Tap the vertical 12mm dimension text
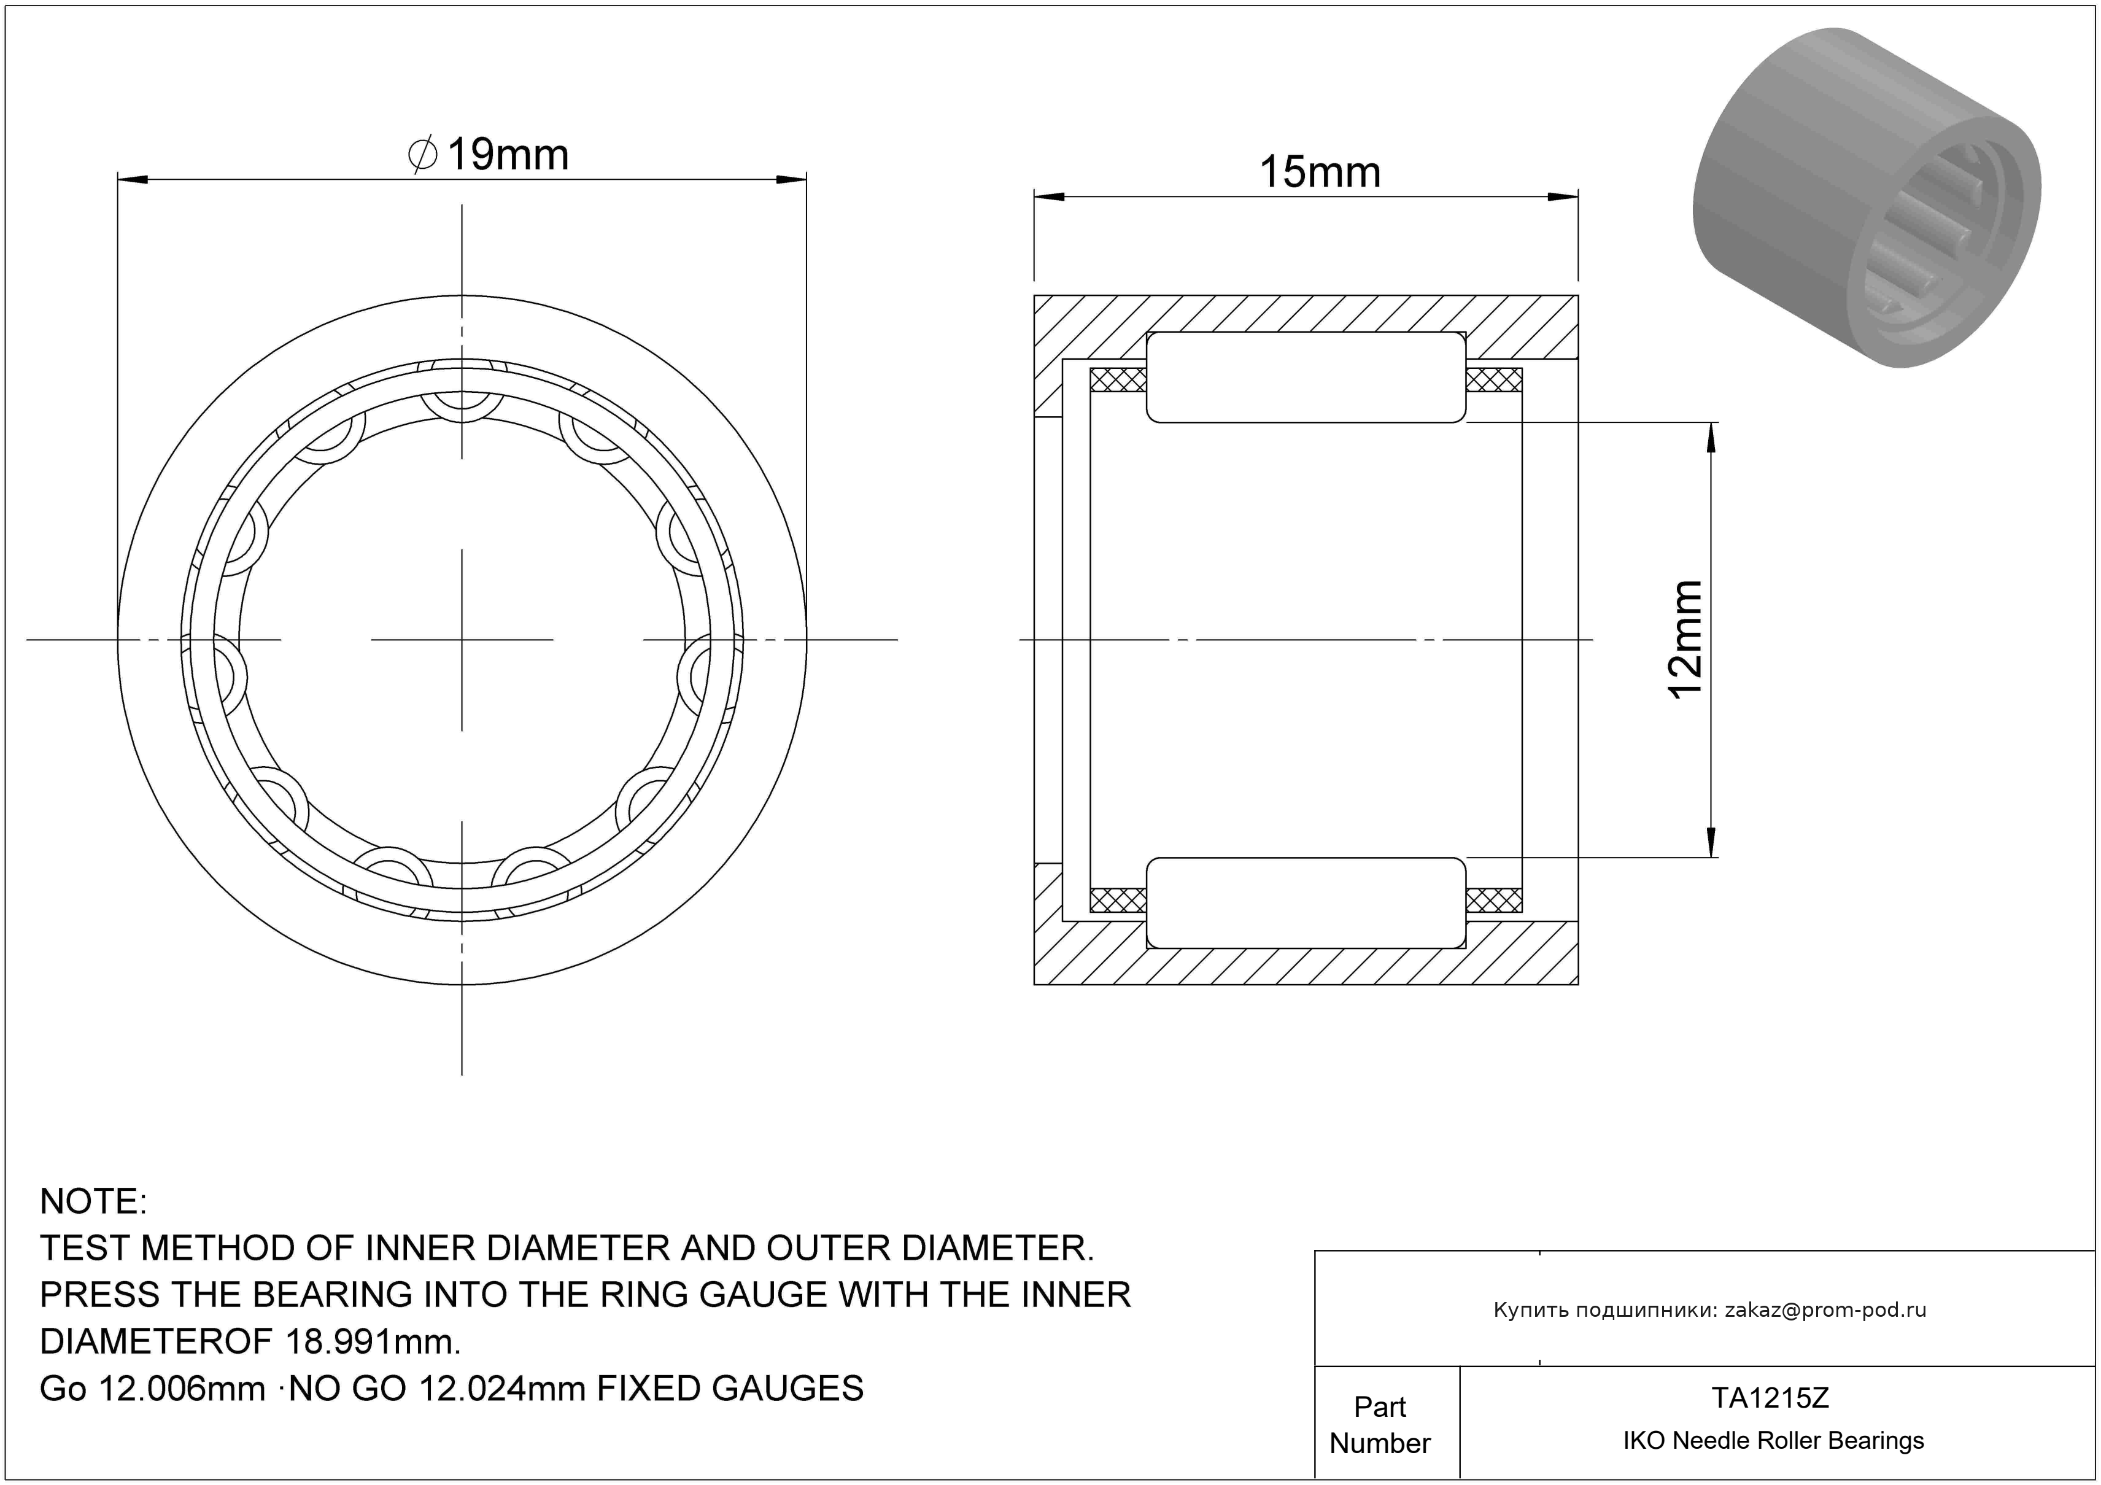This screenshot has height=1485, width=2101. (x=1685, y=640)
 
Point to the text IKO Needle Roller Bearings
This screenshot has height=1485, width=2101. (x=1773, y=1441)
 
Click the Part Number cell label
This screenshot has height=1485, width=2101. (x=1380, y=1425)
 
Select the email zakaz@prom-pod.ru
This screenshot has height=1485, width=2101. (x=1825, y=1309)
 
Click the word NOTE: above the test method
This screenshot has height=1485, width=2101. (x=93, y=1201)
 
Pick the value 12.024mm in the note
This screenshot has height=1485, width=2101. (x=501, y=1389)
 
